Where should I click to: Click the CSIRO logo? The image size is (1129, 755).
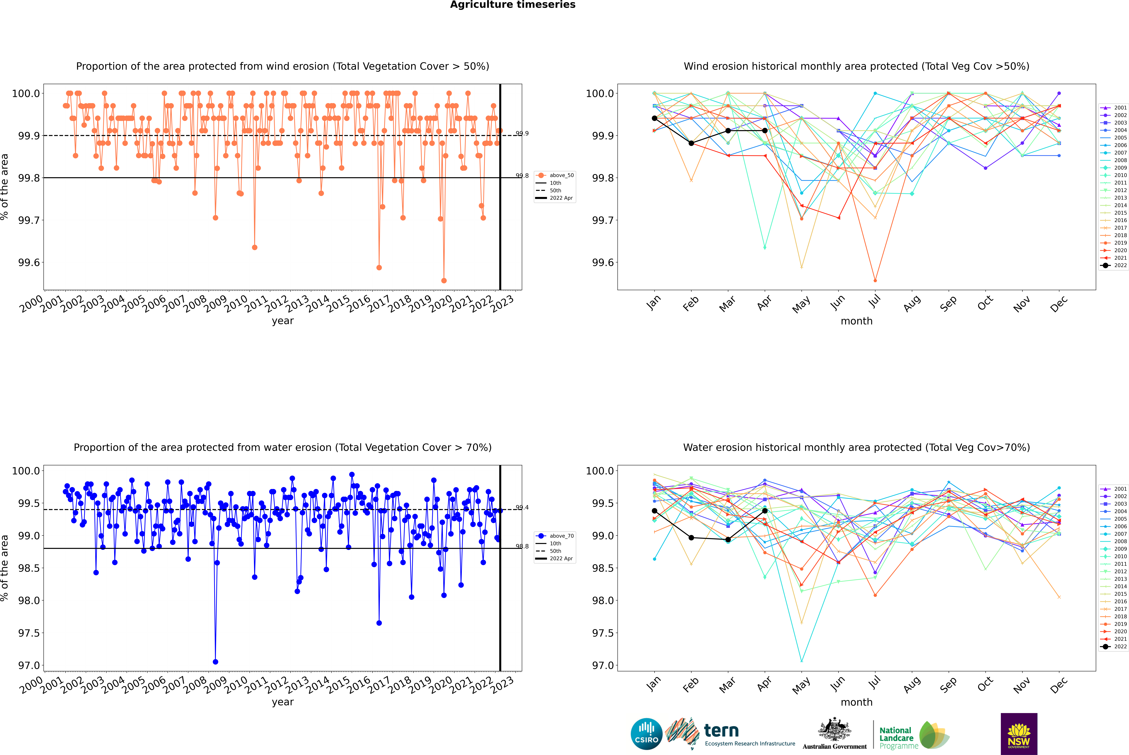tap(646, 734)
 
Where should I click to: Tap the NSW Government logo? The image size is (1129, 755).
tap(1019, 734)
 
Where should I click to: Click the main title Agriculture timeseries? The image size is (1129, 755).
tap(512, 5)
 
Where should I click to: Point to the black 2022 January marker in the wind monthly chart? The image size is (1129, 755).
tap(654, 118)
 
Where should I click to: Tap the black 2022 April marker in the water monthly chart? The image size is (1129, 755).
tap(765, 511)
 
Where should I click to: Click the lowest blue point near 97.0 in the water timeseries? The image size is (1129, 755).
tap(216, 662)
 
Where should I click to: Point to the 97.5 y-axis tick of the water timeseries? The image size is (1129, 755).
tap(29, 633)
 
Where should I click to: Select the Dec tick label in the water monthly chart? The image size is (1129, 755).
tap(1059, 685)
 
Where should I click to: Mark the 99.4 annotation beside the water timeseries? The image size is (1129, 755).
tap(522, 508)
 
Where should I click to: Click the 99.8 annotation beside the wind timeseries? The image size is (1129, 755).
tap(522, 176)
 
